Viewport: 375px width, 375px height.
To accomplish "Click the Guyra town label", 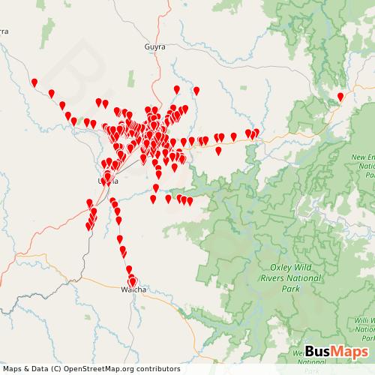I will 154,46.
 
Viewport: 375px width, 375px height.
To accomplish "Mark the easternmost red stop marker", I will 340,97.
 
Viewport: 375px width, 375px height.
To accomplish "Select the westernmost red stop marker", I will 34,82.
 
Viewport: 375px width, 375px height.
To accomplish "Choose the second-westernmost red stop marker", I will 51,94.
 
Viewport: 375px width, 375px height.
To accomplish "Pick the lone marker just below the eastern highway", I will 218,151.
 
